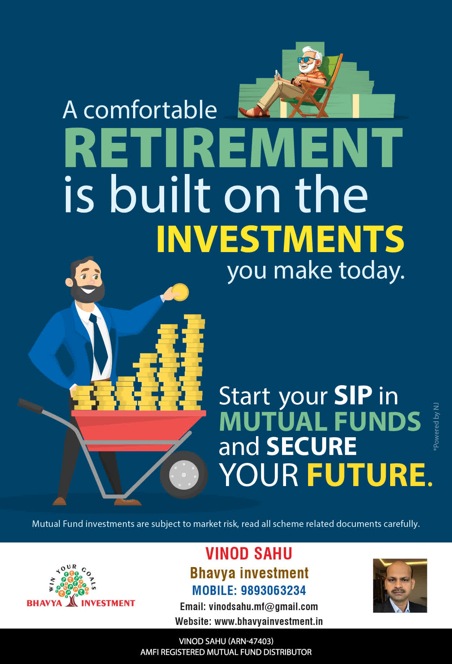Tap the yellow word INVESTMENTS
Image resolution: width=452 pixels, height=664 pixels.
pyautogui.click(x=280, y=239)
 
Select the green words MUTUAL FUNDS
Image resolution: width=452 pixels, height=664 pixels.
pyautogui.click(x=320, y=421)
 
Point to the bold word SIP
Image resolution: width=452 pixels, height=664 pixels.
pyautogui.click(x=353, y=395)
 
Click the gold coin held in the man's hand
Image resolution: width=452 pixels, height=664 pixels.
pyautogui.click(x=180, y=292)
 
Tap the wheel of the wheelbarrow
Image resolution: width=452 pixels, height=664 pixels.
pyautogui.click(x=184, y=474)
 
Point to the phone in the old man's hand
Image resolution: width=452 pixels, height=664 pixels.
pyautogui.click(x=277, y=74)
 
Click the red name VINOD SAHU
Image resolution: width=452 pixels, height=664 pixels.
pyautogui.click(x=249, y=554)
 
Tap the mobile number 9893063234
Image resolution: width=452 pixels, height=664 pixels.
pyautogui.click(x=273, y=590)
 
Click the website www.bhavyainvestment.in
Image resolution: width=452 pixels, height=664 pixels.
pyautogui.click(x=268, y=621)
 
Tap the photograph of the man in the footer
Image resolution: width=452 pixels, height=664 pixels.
pyautogui.click(x=400, y=586)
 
